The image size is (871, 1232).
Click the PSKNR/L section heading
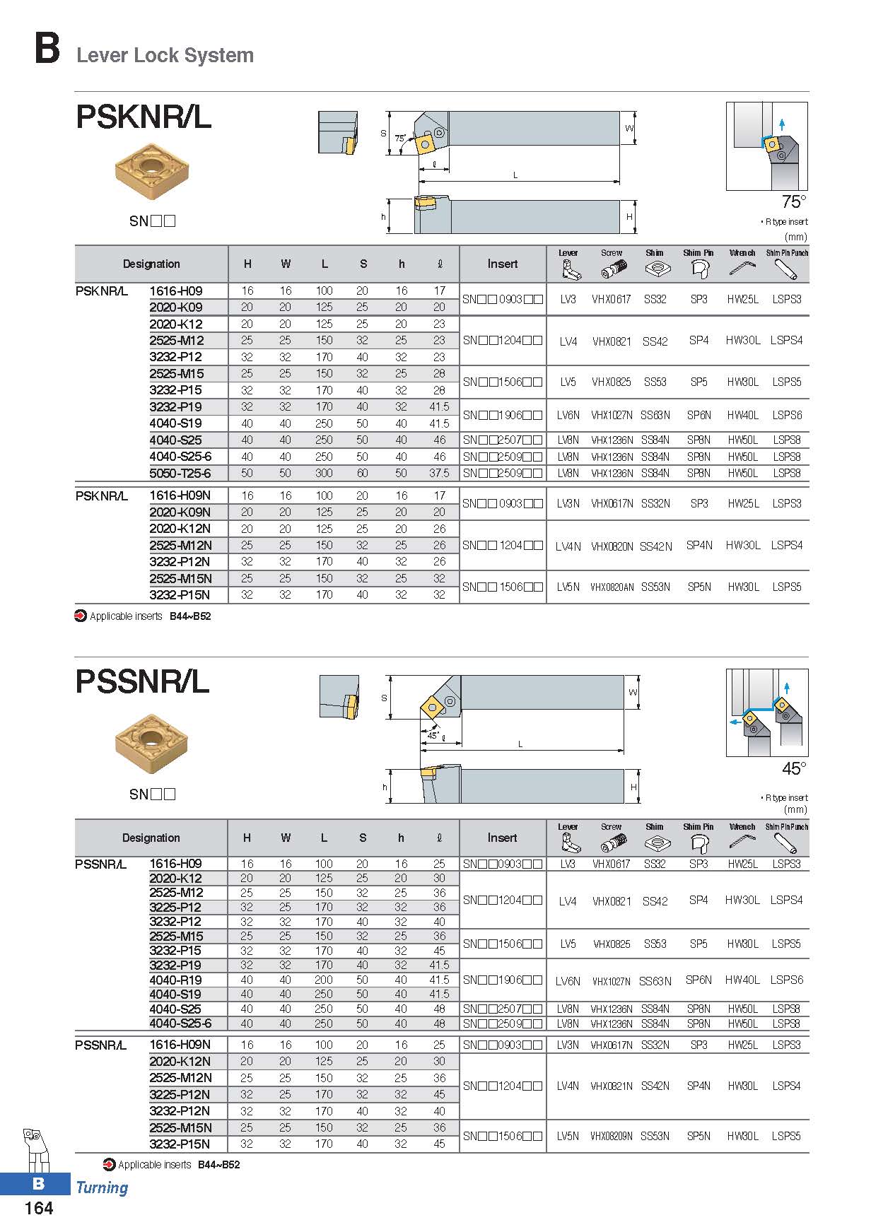[x=144, y=117]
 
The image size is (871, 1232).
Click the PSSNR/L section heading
[x=142, y=681]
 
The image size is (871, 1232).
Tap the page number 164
[x=38, y=1208]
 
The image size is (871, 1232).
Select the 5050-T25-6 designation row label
[x=180, y=473]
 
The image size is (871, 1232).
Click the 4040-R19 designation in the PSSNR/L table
[x=175, y=980]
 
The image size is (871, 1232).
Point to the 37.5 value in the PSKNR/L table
[x=439, y=473]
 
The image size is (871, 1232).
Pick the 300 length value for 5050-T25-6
[x=324, y=473]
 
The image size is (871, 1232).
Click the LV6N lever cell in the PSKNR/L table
[x=568, y=415]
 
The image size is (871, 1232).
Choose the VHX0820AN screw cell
[x=612, y=587]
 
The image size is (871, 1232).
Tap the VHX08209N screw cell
[x=612, y=1136]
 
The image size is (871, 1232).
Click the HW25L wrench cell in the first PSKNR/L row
[x=742, y=299]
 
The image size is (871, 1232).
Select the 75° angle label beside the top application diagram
[x=793, y=202]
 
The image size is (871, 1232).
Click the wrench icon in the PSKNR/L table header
[x=742, y=268]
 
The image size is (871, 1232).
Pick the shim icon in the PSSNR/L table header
[x=655, y=842]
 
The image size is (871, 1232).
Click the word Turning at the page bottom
[x=102, y=1187]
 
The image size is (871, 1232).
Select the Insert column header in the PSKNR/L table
[x=502, y=264]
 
